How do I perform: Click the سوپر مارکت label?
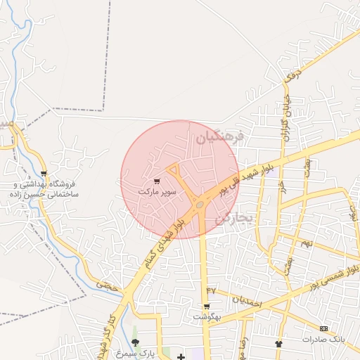tap(155, 191)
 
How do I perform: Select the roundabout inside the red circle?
tap(200, 205)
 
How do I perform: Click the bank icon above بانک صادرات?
tap(323, 329)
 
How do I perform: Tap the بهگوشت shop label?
tap(207, 316)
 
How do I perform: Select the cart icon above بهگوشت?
tap(206, 307)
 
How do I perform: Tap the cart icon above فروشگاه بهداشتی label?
tap(44, 173)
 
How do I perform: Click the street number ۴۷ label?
tap(210, 290)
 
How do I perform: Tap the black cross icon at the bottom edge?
tap(181, 357)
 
